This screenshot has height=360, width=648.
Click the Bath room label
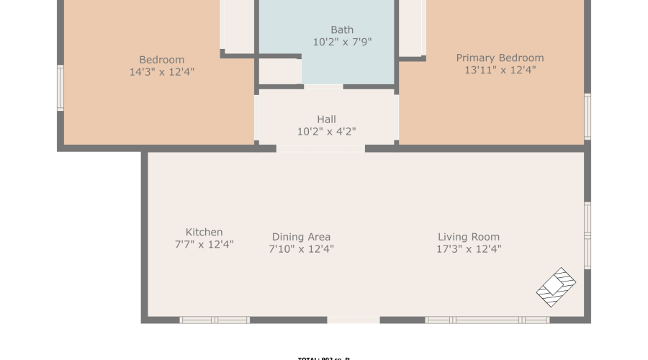pyautogui.click(x=342, y=30)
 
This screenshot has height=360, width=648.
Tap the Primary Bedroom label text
pyautogui.click(x=500, y=58)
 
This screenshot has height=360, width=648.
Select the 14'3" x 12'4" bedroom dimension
pyautogui.click(x=161, y=72)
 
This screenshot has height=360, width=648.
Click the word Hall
pyautogui.click(x=326, y=119)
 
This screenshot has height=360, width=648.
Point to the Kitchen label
pyautogui.click(x=204, y=232)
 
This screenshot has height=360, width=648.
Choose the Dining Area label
pyautogui.click(x=301, y=237)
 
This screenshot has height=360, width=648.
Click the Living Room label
pyautogui.click(x=469, y=237)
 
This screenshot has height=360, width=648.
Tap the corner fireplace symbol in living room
pyautogui.click(x=557, y=287)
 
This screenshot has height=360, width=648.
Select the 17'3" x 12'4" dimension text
pyautogui.click(x=469, y=249)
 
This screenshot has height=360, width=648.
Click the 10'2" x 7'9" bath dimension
pyautogui.click(x=342, y=42)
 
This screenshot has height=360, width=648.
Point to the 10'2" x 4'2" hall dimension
pyautogui.click(x=326, y=131)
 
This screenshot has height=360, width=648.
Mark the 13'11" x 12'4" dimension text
pyautogui.click(x=500, y=70)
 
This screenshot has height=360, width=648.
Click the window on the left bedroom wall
pyautogui.click(x=60, y=88)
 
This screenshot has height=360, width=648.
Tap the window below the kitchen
pyautogui.click(x=215, y=320)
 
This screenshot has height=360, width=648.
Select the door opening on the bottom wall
pyautogui.click(x=354, y=320)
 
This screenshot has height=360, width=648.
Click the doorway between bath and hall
pyautogui.click(x=323, y=87)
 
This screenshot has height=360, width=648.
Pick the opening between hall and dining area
pyautogui.click(x=320, y=148)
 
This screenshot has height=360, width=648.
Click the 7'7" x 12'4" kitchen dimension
pyautogui.click(x=204, y=244)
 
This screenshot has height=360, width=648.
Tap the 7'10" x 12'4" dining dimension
pyautogui.click(x=301, y=249)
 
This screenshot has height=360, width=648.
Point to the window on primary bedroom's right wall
pyautogui.click(x=588, y=116)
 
